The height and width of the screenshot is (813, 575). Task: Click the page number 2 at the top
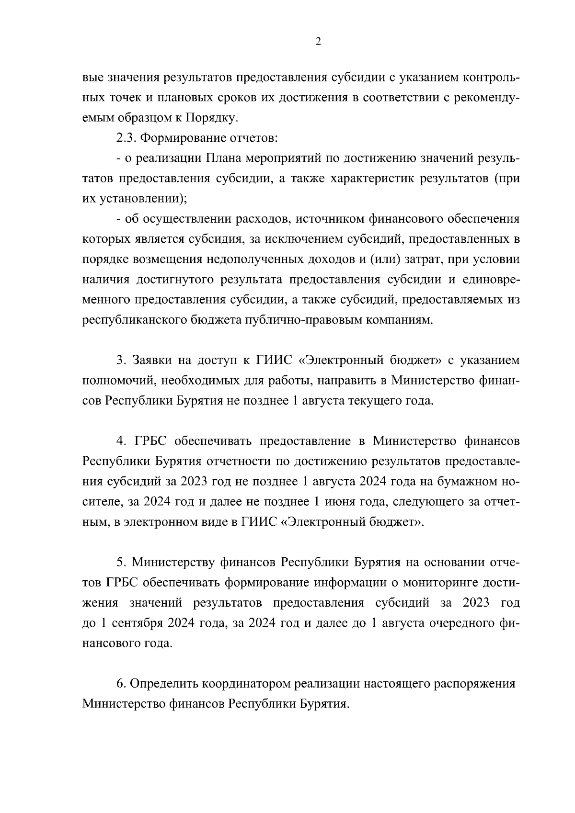point(318,42)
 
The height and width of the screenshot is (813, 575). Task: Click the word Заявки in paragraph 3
point(150,360)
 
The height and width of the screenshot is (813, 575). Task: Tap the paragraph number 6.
point(121,683)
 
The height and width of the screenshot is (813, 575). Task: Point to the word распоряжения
point(474,683)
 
